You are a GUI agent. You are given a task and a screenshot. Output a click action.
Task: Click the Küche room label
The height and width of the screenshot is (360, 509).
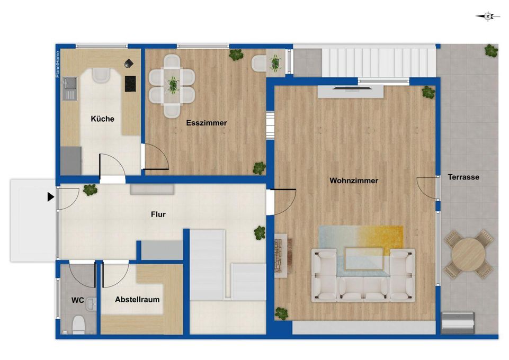tap(103, 119)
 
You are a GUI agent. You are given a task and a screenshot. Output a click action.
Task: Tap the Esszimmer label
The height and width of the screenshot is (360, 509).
tap(207, 123)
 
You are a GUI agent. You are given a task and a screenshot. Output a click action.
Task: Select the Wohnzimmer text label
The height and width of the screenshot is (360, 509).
tap(354, 181)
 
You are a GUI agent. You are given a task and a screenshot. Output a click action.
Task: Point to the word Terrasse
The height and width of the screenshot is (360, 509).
tap(463, 177)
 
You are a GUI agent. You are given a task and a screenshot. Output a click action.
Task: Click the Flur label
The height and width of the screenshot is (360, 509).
tap(158, 214)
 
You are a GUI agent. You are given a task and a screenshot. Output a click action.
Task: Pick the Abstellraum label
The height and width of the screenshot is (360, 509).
tap(137, 299)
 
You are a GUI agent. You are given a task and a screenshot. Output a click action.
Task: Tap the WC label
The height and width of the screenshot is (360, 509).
tap(77, 300)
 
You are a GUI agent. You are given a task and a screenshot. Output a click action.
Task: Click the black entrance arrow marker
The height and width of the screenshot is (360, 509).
tap(51, 197)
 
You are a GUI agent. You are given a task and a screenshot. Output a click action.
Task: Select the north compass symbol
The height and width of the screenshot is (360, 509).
tap(488, 16)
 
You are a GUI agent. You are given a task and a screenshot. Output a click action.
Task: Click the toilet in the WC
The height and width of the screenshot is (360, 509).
tap(78, 325)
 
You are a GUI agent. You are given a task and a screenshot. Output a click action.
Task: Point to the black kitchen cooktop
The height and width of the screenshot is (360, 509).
tap(130, 84)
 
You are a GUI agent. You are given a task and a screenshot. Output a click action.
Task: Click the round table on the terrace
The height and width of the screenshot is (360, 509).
tap(469, 254)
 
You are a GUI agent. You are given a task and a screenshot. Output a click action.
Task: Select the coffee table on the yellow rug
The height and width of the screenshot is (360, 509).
tap(364, 259)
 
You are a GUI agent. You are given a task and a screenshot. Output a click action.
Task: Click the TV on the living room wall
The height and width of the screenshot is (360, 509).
tap(351, 87)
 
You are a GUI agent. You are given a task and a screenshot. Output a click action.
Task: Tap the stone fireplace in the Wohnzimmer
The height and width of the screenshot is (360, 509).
tap(281, 255)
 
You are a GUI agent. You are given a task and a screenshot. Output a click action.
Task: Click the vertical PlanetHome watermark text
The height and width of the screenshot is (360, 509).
tap(58, 64)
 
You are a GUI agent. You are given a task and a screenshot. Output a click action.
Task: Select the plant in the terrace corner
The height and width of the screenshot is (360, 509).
tap(491, 51)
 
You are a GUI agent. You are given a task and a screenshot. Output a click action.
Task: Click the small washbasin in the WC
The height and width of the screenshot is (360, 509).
tap(92, 304)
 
